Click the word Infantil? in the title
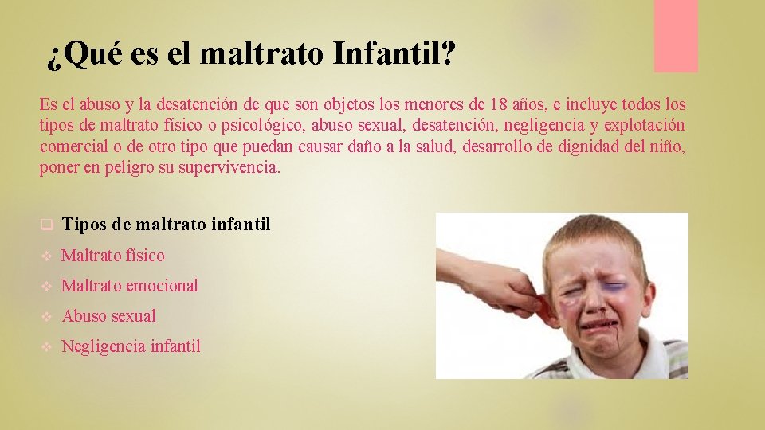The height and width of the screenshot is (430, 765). [x=394, y=54]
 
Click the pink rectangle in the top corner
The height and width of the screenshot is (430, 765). [x=676, y=36]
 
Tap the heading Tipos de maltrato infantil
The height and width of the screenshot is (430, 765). [x=166, y=225]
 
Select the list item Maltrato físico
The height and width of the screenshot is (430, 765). [x=113, y=256]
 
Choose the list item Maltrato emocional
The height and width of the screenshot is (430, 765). [x=130, y=285]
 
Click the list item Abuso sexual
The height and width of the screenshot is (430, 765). [x=109, y=315]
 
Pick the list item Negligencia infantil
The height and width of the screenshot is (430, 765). [x=131, y=346]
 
